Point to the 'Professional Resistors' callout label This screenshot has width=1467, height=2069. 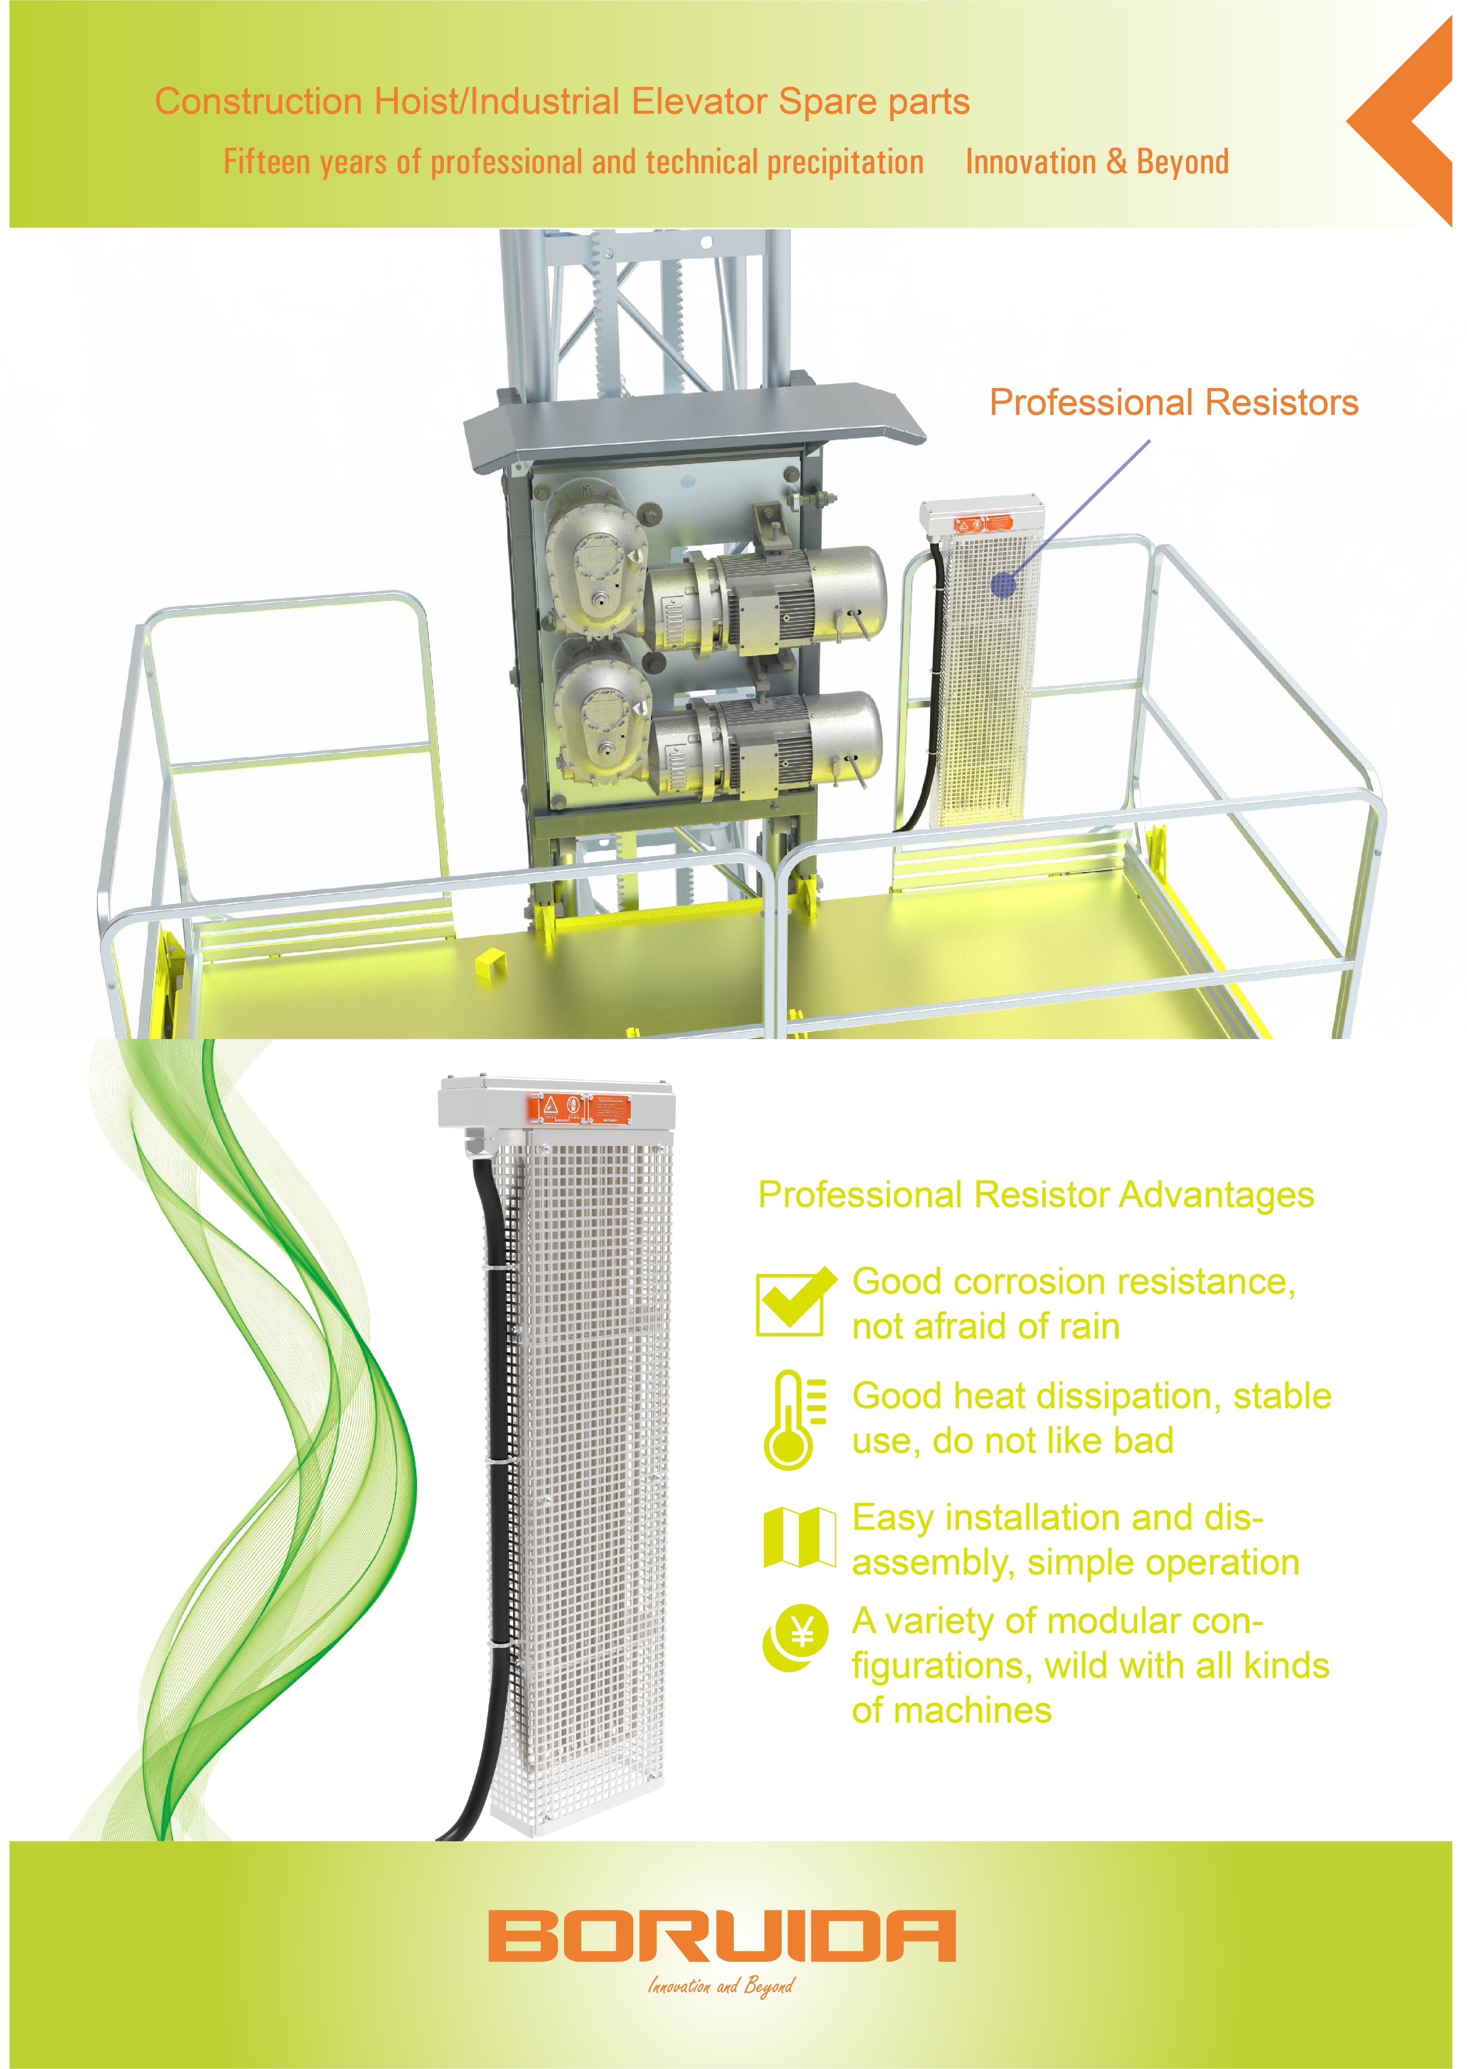[1174, 403]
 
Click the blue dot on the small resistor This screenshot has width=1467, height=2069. [1003, 585]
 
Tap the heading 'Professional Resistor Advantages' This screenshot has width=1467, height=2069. [1035, 1195]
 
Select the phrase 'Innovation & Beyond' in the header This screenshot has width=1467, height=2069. [1097, 162]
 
